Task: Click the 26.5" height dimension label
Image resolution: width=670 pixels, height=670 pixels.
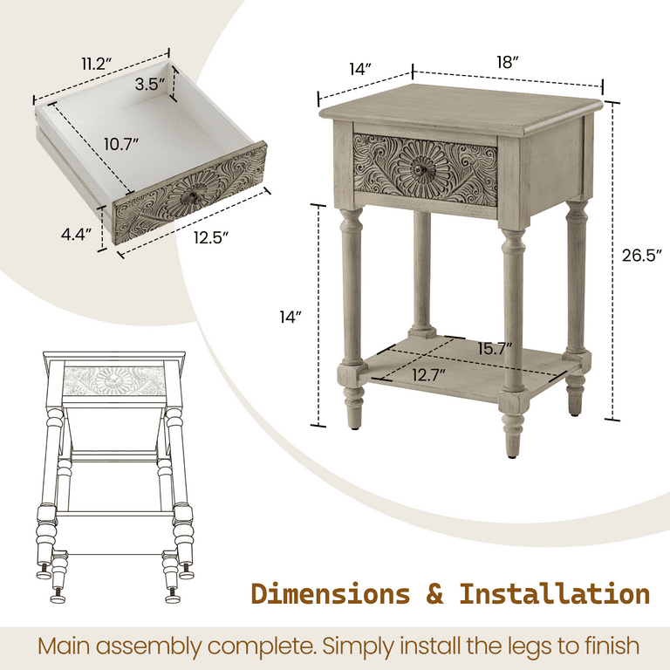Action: pos(641,256)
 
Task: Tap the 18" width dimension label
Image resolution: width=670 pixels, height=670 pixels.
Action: pos(507,63)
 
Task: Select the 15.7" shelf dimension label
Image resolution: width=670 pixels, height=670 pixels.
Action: pos(495,349)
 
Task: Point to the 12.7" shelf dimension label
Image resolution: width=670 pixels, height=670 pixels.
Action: pos(428,376)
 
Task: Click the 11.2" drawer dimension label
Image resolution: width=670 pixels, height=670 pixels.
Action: pos(97,64)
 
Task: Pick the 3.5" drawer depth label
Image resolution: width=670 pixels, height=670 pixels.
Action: pos(150,84)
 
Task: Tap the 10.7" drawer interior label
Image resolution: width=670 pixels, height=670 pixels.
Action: pos(121,145)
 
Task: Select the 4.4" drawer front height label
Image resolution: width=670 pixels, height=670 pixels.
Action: pos(76,234)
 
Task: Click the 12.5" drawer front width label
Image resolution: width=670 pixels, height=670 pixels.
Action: pos(210,237)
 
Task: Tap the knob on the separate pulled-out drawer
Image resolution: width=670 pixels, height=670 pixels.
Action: pos(193,197)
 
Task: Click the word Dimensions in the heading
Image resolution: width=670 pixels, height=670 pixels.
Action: pos(331,594)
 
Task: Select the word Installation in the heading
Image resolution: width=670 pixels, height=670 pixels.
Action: pos(555,594)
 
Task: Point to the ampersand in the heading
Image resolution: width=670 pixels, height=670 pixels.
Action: pos(434,594)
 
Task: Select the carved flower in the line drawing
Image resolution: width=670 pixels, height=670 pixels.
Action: pos(113,379)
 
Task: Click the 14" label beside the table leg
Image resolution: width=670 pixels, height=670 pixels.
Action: pos(291,317)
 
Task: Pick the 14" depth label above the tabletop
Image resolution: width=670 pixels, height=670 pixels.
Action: pos(360,69)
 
